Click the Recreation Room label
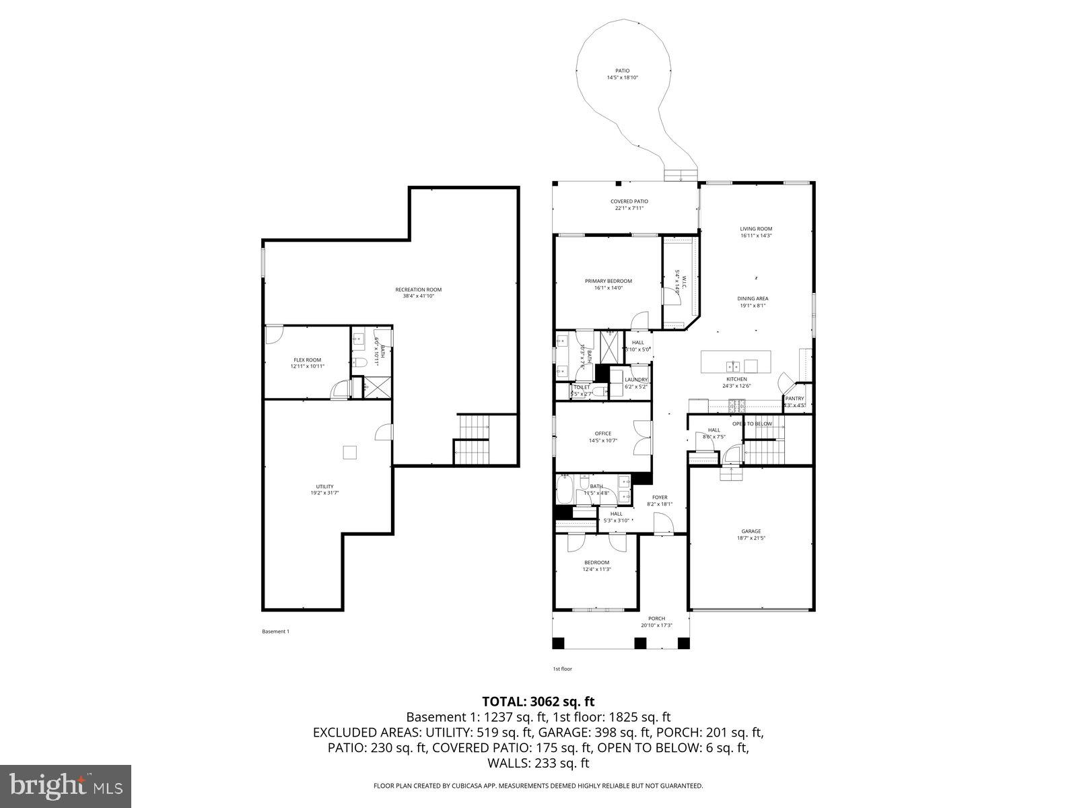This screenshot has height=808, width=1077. [x=418, y=290]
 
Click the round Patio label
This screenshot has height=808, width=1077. [x=622, y=70]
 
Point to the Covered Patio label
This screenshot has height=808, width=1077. [x=629, y=201]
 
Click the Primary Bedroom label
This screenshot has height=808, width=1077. [x=608, y=281]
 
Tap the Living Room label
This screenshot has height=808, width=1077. [x=756, y=229]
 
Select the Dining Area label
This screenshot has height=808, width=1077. [x=753, y=298]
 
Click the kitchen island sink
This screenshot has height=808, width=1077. [x=734, y=366]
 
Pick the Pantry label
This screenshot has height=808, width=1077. [x=794, y=399]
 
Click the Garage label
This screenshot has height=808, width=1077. [x=751, y=531]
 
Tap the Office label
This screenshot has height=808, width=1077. [x=602, y=434]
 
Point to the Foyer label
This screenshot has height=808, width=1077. [x=660, y=498]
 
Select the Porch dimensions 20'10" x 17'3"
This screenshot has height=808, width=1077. [x=656, y=626]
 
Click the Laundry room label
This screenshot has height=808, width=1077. [x=635, y=380]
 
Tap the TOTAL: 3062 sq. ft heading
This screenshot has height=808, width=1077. [x=538, y=702]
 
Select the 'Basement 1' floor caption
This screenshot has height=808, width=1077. [x=275, y=632]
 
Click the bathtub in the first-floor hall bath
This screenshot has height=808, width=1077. [x=565, y=490]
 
